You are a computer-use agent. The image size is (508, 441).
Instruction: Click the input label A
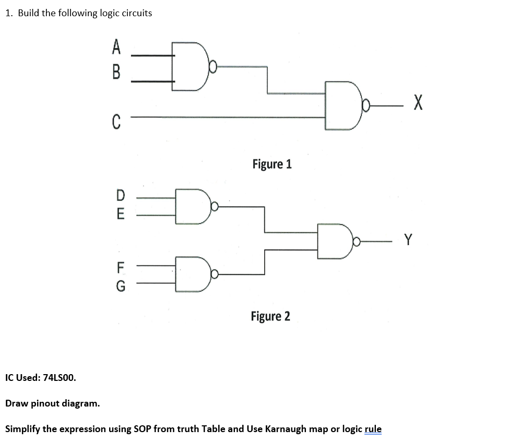tap(116, 48)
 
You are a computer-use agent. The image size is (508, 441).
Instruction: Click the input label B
tap(116, 71)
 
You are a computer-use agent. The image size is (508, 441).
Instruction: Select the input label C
tap(116, 122)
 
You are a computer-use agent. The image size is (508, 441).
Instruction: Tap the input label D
tap(121, 195)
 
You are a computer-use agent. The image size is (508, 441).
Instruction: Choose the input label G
tap(120, 286)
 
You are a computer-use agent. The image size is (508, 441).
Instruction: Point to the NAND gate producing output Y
tap(334, 241)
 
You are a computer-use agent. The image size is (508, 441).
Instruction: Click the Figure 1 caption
tap(272, 164)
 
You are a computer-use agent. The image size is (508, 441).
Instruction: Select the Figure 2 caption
tap(270, 316)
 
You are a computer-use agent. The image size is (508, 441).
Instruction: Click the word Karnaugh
tap(286, 429)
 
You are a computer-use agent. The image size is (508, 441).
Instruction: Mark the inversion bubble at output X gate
tap(367, 107)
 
